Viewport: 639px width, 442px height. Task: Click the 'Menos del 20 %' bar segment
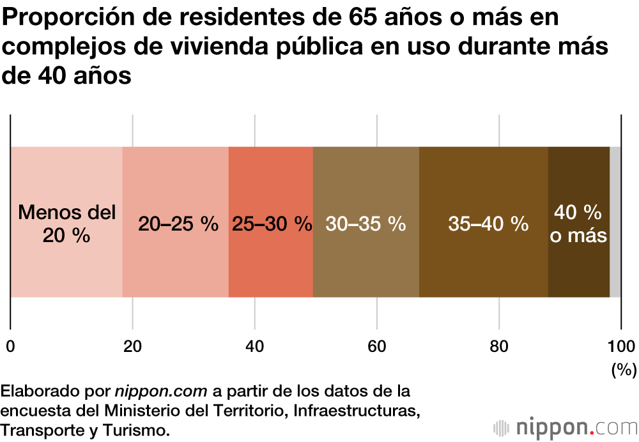pos(66,222)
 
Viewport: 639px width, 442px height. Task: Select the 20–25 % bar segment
pos(175,222)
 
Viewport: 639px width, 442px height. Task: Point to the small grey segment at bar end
pos(615,222)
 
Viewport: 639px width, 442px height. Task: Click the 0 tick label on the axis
pos(10,346)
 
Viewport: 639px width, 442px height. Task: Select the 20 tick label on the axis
pos(132,346)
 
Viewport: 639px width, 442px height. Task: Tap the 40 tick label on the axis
pos(254,346)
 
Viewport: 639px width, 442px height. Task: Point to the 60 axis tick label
pos(376,346)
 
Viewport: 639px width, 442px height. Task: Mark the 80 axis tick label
pos(498,346)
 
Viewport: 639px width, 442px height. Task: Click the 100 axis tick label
pos(620,346)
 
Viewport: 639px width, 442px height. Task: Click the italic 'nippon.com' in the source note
pos(160,391)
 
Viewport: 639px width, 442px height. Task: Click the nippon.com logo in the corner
pos(566,427)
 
